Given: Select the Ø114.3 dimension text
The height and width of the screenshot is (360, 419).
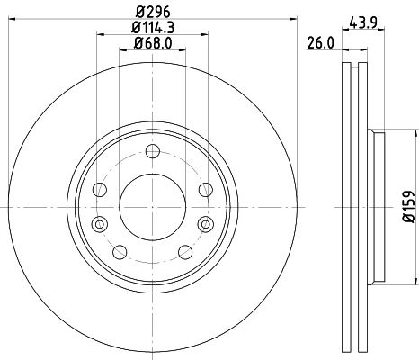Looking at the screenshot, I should click(151, 29).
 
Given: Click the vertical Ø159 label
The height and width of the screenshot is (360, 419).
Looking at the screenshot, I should click(406, 206).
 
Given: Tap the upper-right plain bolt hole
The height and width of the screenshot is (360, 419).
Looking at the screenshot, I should click(205, 189).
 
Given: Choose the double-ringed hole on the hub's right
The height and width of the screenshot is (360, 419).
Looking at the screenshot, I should click(204, 223).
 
